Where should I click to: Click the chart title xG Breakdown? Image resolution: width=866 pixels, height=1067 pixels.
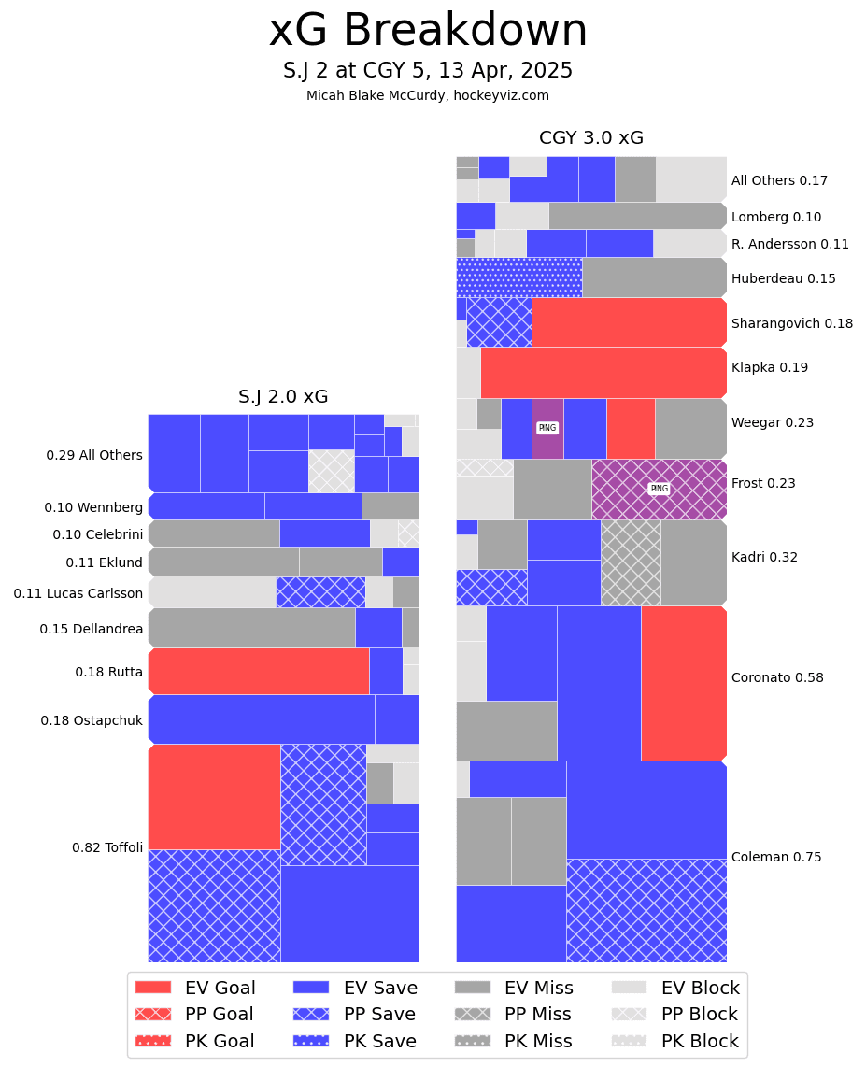pos(428,32)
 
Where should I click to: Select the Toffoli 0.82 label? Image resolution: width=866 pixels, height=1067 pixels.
pos(107,847)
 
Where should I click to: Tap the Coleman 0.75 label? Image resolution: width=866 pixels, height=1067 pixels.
pos(776,857)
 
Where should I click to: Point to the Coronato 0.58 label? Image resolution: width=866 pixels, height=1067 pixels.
pos(777,677)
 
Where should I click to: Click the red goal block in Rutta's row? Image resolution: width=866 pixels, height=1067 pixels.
pos(259,671)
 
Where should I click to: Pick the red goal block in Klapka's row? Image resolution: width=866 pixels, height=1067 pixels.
pos(603,373)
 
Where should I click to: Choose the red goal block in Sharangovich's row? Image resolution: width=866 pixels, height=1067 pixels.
pos(629,322)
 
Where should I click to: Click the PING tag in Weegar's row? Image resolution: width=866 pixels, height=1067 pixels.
pos(547,428)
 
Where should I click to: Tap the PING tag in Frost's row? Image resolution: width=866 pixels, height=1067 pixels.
pos(659,489)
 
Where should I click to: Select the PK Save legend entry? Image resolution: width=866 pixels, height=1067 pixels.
pos(355,1041)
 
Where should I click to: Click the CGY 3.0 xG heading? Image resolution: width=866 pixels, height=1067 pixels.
pos(591,138)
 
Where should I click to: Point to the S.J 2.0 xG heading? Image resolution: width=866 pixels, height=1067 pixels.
pos(283,397)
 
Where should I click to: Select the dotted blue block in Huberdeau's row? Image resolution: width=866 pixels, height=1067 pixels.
pos(518,277)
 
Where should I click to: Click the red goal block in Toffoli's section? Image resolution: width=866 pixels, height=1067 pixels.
pos(214,797)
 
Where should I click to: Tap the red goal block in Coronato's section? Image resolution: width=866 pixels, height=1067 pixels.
pos(684,683)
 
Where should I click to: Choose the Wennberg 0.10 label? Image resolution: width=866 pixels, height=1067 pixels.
pos(93,507)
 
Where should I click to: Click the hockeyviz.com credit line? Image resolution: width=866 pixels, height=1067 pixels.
pos(428,95)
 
